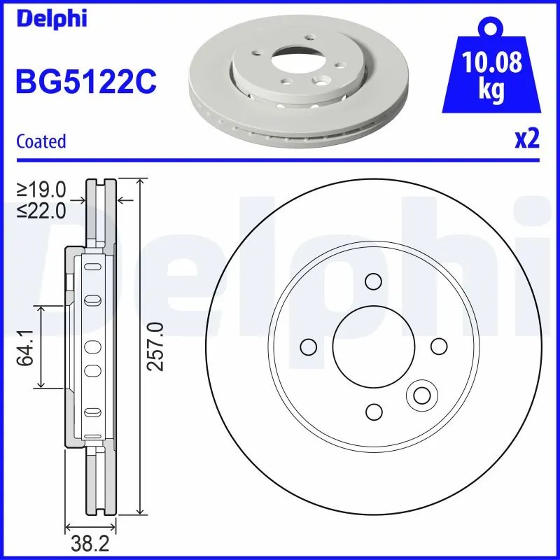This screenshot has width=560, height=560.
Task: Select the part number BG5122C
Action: [x=85, y=83]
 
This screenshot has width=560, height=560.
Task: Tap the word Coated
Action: [x=41, y=141]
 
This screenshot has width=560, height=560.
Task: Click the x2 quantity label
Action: [x=526, y=140]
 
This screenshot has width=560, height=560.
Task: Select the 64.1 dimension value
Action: [x=27, y=346]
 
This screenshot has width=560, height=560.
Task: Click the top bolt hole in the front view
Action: [x=372, y=282]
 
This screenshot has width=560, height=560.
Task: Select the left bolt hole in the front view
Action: [x=307, y=347]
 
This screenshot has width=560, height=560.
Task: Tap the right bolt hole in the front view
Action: [x=438, y=347]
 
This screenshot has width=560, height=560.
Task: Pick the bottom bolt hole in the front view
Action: [x=374, y=412]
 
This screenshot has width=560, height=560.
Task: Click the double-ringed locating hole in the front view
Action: [x=421, y=396]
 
